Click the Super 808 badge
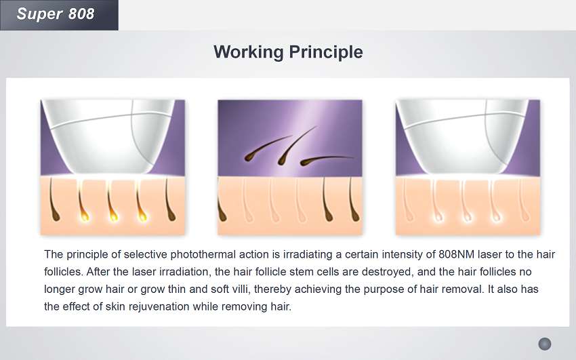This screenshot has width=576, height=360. (59, 15)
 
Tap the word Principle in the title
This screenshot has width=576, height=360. (327, 52)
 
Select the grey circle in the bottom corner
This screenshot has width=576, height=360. (545, 344)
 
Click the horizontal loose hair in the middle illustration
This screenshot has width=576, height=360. (326, 160)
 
